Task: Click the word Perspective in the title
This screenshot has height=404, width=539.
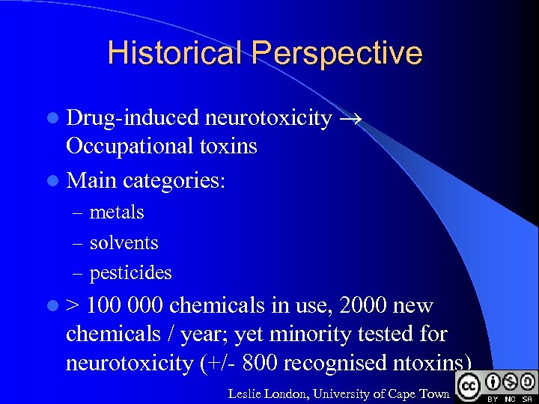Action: click(337, 53)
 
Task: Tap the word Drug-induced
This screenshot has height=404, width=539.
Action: click(133, 117)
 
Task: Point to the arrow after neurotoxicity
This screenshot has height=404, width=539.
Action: click(350, 117)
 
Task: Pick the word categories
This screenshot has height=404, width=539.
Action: click(174, 180)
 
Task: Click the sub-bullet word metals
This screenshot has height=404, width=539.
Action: click(117, 212)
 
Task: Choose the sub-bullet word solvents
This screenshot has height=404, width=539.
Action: click(124, 243)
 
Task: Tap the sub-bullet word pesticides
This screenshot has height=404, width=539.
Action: click(130, 273)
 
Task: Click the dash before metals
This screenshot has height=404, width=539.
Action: click(78, 213)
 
